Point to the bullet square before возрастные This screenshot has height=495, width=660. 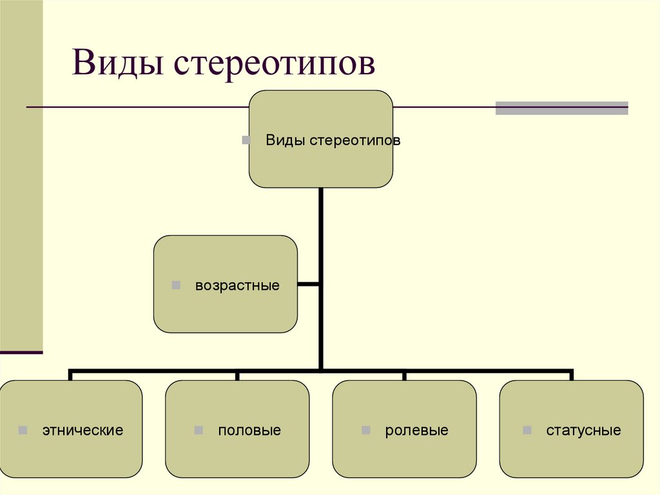[176, 285]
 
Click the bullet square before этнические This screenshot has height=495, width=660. [23, 430]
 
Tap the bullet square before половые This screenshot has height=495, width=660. [199, 430]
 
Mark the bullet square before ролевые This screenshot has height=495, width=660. [366, 430]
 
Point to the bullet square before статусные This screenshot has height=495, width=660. [527, 430]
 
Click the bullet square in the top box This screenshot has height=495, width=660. [246, 140]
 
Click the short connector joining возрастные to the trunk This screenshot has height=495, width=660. [308, 283]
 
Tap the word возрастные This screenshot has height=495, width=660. [237, 285]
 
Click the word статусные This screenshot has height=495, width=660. [583, 430]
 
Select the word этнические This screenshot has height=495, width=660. [82, 430]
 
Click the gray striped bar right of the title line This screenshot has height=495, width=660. [561, 108]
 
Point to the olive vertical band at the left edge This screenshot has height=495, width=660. [21, 194]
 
